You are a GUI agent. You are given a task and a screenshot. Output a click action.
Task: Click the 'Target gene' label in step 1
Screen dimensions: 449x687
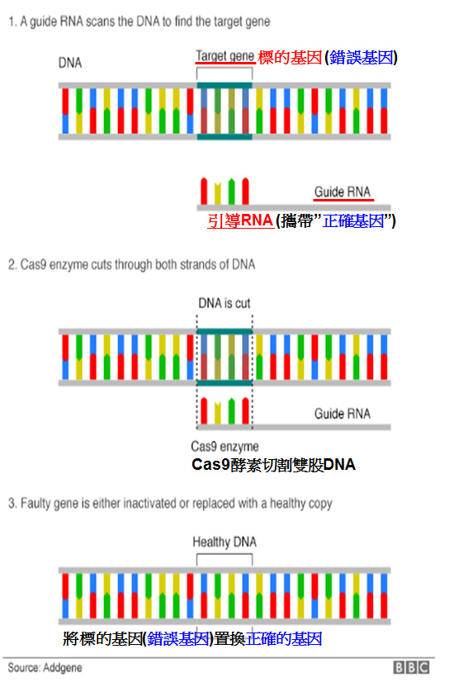coord(224,56)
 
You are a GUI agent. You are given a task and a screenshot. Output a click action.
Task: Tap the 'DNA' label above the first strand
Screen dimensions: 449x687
coord(70,63)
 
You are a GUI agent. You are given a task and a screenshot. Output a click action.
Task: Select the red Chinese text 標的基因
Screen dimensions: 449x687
coord(290,58)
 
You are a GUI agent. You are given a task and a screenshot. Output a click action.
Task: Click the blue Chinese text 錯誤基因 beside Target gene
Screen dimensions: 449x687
coord(361,58)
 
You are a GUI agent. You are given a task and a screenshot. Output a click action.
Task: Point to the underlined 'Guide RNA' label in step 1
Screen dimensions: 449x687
coord(343,192)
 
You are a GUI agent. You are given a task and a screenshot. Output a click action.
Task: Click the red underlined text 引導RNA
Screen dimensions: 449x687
coord(240,220)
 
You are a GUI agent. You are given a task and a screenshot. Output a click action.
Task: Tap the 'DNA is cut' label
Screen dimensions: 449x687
coord(224,303)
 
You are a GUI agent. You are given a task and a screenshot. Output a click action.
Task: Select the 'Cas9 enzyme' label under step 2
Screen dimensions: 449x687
coord(224,447)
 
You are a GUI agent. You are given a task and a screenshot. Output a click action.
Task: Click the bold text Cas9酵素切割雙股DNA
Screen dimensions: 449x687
coord(273,465)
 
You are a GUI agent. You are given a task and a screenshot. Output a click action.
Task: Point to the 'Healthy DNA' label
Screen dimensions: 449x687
coord(224,542)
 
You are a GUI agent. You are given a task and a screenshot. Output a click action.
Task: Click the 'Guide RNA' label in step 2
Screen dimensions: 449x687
coord(343,414)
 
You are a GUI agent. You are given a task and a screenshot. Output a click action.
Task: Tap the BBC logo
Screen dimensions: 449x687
coord(411,667)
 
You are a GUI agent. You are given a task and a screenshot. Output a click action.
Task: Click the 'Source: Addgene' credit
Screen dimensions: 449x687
coord(45,668)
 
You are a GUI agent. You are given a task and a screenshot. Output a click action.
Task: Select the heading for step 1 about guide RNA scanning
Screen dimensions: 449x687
coord(139,21)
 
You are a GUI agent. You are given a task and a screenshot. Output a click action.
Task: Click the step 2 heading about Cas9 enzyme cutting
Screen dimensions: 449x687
coord(131,264)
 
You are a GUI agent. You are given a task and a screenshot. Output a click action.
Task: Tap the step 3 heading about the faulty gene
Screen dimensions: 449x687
coord(170,504)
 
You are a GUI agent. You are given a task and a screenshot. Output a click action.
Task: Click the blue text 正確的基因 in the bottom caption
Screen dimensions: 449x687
coord(284,639)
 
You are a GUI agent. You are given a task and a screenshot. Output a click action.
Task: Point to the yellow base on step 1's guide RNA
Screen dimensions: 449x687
coord(218,193)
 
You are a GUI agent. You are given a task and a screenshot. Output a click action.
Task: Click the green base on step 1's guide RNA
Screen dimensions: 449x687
coord(232,192)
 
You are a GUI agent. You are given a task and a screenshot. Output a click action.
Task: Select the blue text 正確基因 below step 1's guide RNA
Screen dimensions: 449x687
coord(353,220)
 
